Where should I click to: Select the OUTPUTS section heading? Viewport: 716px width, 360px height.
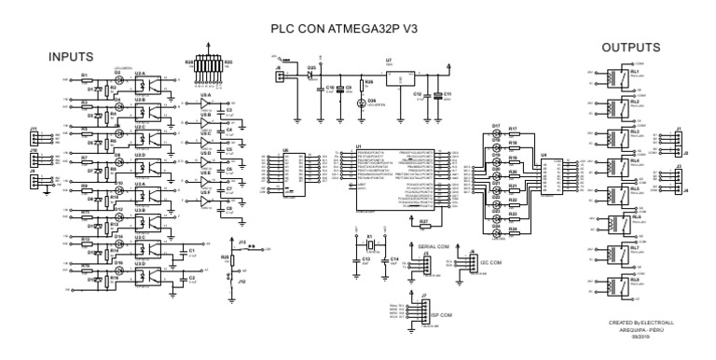[630, 48]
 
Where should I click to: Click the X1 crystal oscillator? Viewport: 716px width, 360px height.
[370, 244]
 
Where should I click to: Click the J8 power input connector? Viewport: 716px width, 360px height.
[279, 78]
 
